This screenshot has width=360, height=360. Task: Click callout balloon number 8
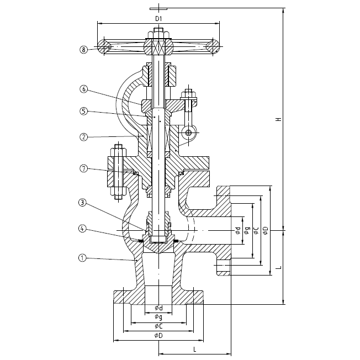83,50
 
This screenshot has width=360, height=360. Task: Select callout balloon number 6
83,89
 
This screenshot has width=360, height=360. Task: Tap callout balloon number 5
83,111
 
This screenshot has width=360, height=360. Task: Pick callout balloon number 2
83,136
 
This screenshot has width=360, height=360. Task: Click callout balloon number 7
83,168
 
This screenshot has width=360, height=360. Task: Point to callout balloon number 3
81,203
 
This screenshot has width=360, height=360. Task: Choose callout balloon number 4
81,228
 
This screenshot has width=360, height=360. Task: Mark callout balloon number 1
81,257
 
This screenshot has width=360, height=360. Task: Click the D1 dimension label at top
158,19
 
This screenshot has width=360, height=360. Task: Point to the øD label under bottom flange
158,336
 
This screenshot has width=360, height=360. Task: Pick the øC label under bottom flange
158,326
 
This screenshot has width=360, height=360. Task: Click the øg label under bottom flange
158,317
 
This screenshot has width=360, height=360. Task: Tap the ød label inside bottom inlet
158,308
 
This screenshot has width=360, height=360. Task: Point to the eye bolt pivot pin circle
189,133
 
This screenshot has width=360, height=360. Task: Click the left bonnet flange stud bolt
118,171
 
